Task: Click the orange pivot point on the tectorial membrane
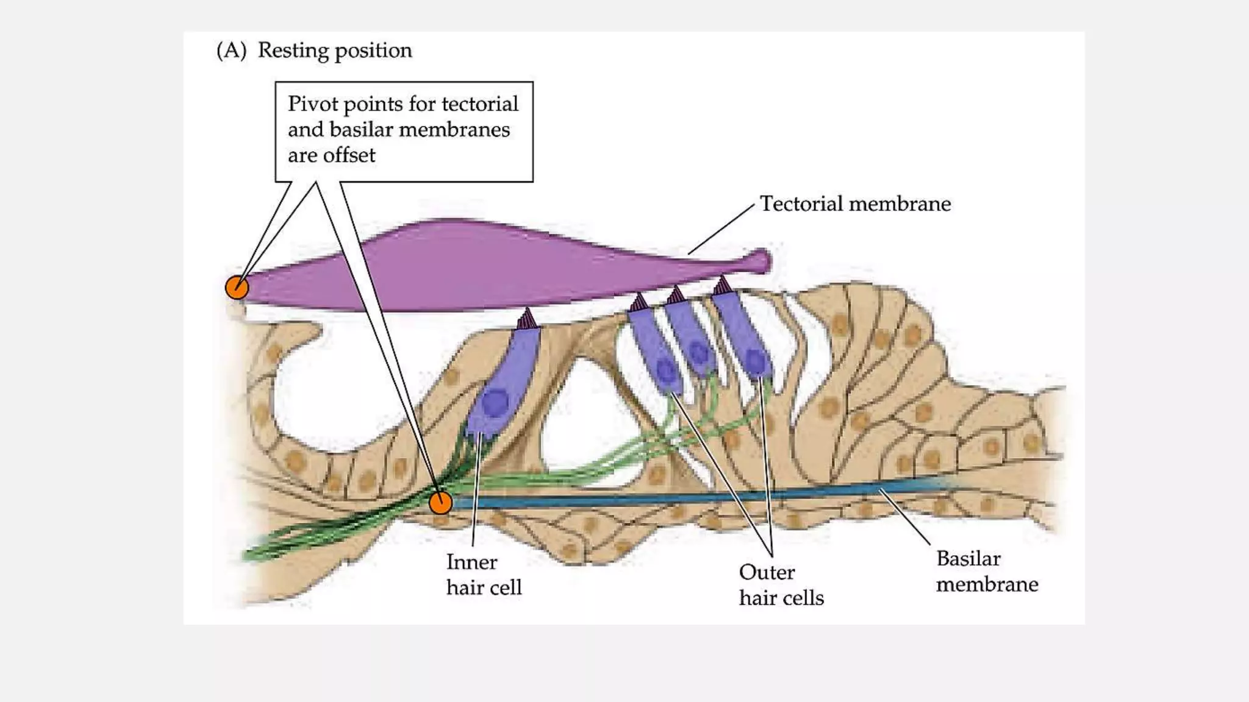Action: click(237, 287)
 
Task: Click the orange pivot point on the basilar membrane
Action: click(440, 503)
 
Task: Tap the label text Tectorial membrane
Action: click(855, 204)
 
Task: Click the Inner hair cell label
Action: click(484, 574)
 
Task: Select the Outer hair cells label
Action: click(781, 584)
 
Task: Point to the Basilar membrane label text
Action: click(987, 571)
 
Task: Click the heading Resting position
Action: click(335, 50)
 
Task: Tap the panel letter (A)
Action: click(231, 50)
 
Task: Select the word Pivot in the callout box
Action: click(313, 104)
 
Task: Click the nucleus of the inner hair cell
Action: click(495, 402)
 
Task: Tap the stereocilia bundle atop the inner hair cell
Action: click(527, 319)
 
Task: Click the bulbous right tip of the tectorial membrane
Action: click(760, 261)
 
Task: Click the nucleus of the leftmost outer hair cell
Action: click(665, 370)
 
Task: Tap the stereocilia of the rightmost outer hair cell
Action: click(723, 285)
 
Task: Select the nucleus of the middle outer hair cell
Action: click(698, 352)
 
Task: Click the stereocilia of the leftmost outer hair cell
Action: click(639, 302)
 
